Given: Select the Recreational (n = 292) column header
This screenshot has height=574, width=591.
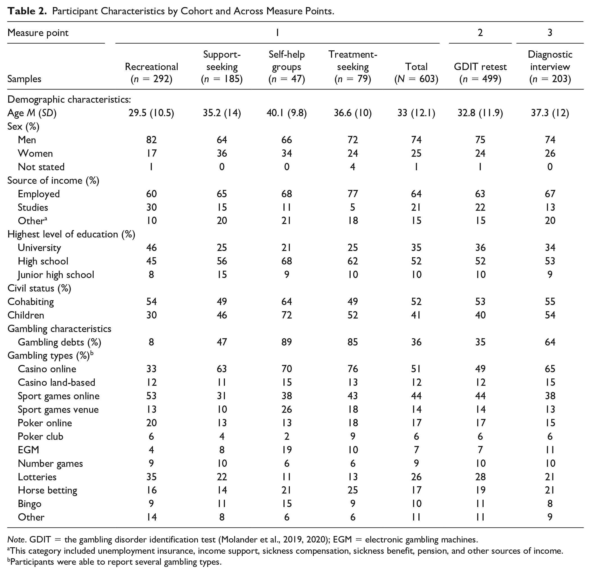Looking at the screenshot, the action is pos(151,73).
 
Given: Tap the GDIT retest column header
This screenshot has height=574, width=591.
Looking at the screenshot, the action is pos(480,73).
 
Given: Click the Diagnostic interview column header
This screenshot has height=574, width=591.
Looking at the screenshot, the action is pos(550,67).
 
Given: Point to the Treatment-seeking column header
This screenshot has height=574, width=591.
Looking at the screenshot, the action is pos(353,67).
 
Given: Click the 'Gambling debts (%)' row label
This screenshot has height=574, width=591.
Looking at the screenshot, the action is pos(59,342).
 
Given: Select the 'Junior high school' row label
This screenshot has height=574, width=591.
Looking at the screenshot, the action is pos(56,275).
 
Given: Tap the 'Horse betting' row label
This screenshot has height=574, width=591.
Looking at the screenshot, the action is pos(47,490).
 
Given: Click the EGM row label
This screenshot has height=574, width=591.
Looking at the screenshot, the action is pos(28,450).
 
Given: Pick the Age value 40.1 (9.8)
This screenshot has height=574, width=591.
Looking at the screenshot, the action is pos(287,113).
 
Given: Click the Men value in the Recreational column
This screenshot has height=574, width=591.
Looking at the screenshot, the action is pos(151,140).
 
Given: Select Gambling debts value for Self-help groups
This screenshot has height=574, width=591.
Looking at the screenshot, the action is pos(287,342).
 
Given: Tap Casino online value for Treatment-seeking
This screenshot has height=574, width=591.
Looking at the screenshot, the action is pos(353,369).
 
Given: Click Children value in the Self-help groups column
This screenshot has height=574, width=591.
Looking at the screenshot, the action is pos(287,315).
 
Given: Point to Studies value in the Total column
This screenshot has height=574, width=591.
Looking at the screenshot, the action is pos(416,207).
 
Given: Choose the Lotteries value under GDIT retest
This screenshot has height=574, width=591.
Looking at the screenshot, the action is pos(480,477).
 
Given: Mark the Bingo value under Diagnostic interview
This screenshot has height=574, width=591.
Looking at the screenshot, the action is pos(550,504).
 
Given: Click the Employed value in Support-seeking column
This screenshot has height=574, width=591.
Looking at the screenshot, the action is pos(222,194).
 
